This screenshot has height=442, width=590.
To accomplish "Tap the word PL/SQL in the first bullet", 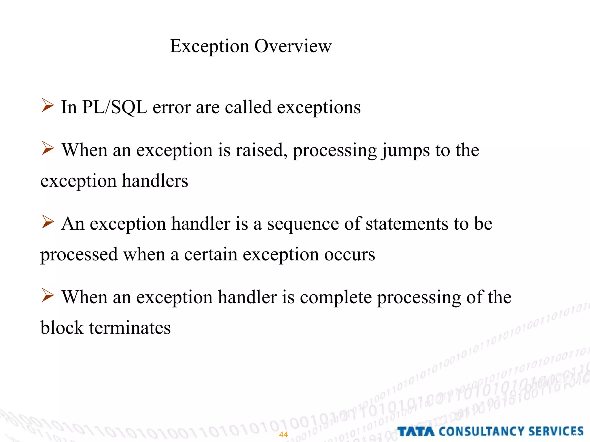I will coord(114,107).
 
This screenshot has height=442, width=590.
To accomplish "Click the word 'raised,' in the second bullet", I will coord(261,150).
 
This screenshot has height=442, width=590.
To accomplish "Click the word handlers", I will coord(155,181).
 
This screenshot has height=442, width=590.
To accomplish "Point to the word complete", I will coord(336,298).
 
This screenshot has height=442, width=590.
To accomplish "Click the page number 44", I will coord(283,435).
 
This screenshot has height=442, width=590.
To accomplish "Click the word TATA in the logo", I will coord(416,432).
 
